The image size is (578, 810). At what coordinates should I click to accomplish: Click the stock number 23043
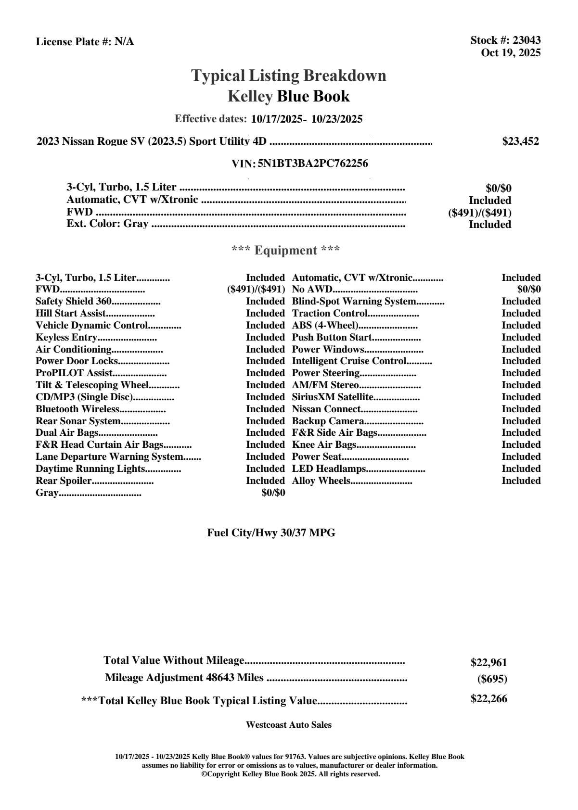[526, 40]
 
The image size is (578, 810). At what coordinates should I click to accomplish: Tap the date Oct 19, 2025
[511, 53]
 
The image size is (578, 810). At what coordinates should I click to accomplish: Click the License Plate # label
[74, 42]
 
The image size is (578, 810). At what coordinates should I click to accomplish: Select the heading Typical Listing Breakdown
[289, 76]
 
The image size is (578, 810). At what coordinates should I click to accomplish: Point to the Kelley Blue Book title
[289, 96]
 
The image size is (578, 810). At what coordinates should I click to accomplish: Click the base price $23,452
[521, 141]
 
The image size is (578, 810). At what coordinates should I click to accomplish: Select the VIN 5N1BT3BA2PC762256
[313, 164]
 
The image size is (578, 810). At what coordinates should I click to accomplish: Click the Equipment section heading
[286, 251]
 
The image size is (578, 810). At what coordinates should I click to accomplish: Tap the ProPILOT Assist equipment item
[74, 373]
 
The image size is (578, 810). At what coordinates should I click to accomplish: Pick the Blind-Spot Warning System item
[354, 302]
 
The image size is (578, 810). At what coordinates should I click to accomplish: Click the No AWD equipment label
[312, 290]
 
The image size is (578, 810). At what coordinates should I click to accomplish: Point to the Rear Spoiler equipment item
[64, 481]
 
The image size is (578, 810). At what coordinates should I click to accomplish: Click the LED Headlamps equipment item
[329, 469]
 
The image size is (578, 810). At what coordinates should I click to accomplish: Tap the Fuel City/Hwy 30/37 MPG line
[271, 533]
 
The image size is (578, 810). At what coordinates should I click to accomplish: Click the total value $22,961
[488, 663]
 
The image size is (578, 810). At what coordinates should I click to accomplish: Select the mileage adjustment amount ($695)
[492, 679]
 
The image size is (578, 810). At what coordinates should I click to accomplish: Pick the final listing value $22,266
[488, 699]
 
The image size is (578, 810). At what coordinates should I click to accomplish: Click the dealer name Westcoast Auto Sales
[289, 725]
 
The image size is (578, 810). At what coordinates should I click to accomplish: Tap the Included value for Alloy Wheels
[521, 481]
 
